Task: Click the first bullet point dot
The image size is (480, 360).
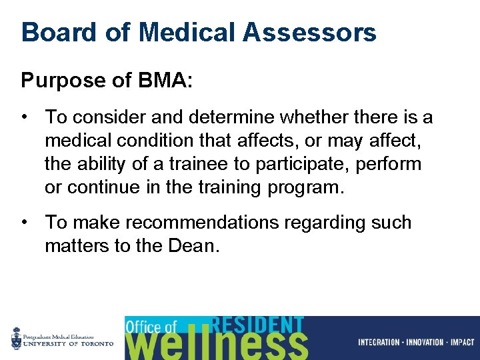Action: tap(25, 118)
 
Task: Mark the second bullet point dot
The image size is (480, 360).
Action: tap(25, 223)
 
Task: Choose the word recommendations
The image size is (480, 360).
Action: tap(204, 223)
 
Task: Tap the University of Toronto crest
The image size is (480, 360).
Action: tap(16, 339)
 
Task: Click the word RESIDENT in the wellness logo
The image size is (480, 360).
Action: tap(257, 325)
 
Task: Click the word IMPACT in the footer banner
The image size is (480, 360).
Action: tap(462, 343)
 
